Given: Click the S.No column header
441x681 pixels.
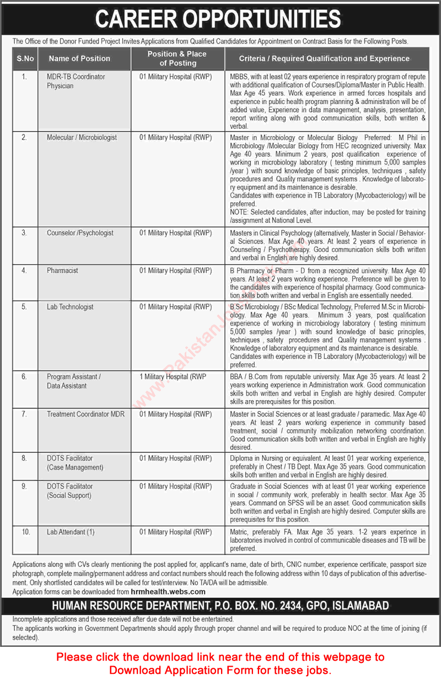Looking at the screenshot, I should (24, 58).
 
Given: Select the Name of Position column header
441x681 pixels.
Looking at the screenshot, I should (79, 58).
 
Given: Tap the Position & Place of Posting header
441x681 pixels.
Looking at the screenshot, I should (177, 58).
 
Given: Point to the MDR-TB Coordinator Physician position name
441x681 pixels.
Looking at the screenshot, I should (76, 82).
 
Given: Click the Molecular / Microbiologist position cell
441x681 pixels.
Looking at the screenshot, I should (82, 137).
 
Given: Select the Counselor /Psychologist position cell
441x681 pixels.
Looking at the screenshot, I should (80, 233).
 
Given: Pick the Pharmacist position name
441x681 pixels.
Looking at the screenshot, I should (62, 271).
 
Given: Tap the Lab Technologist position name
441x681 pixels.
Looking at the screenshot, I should (70, 307).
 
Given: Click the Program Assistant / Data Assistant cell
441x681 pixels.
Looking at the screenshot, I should (73, 381).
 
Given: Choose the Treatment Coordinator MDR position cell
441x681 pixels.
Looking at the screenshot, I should (85, 414).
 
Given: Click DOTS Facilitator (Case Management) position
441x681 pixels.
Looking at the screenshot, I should (75, 463).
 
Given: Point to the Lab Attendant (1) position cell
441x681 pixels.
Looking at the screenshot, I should (71, 532).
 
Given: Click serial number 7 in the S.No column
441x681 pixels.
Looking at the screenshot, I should (24, 414).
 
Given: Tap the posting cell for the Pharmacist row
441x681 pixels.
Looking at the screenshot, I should (175, 271).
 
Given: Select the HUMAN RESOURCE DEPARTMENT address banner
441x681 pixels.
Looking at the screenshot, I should (220, 606).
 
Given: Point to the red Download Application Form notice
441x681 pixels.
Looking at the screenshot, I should (220, 663).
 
